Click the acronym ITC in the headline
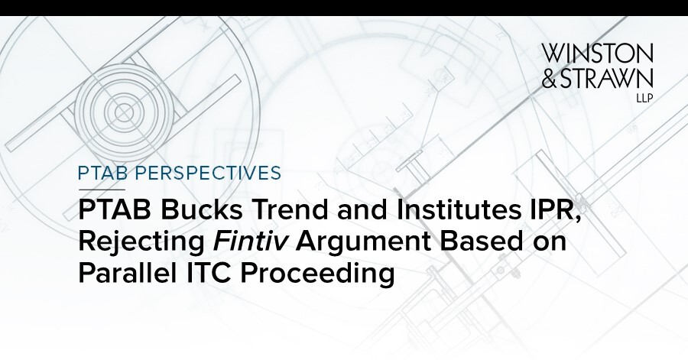(205, 273)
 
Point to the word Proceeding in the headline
(316, 274)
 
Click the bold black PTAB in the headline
(115, 210)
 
